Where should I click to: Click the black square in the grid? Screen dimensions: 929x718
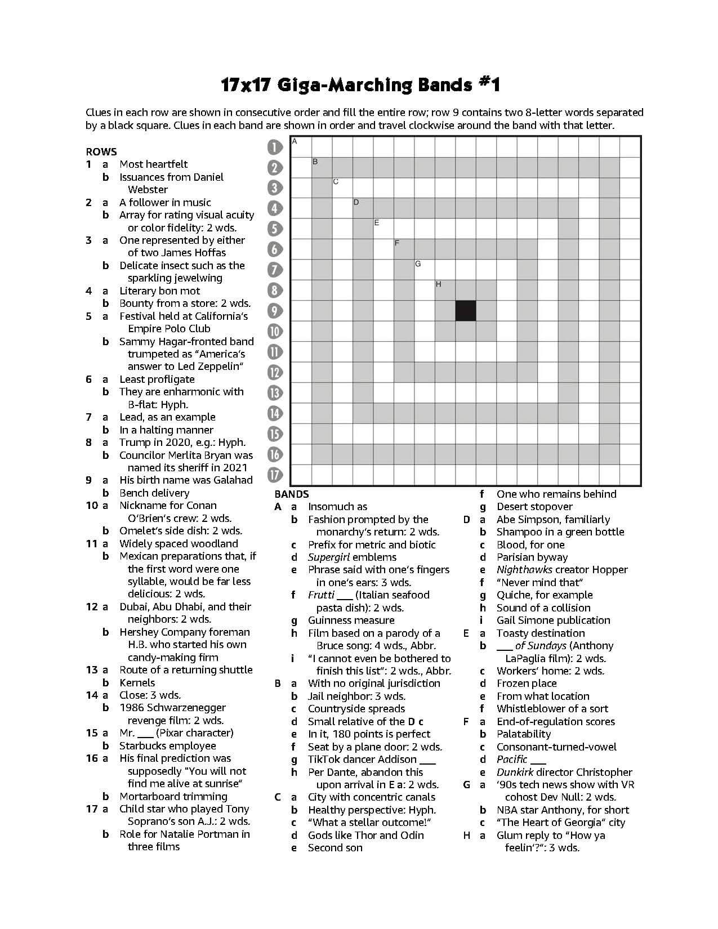(465, 311)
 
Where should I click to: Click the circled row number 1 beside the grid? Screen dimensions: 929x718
(274, 148)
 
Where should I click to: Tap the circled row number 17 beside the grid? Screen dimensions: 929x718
(274, 475)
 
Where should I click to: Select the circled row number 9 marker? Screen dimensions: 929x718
(274, 311)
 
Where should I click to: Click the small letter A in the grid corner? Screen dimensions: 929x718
(295, 141)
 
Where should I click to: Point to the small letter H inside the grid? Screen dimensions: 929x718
(438, 285)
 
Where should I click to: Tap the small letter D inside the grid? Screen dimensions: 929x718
(356, 202)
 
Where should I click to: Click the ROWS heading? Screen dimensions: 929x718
(101, 151)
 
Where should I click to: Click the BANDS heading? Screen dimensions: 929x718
(292, 494)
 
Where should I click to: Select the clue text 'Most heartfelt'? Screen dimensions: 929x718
(153, 164)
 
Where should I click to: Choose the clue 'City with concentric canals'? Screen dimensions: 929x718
(371, 797)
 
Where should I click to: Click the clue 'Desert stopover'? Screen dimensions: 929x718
(534, 507)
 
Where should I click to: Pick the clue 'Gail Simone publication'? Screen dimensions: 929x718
(553, 620)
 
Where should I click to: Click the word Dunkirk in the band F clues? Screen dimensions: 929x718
(515, 772)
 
